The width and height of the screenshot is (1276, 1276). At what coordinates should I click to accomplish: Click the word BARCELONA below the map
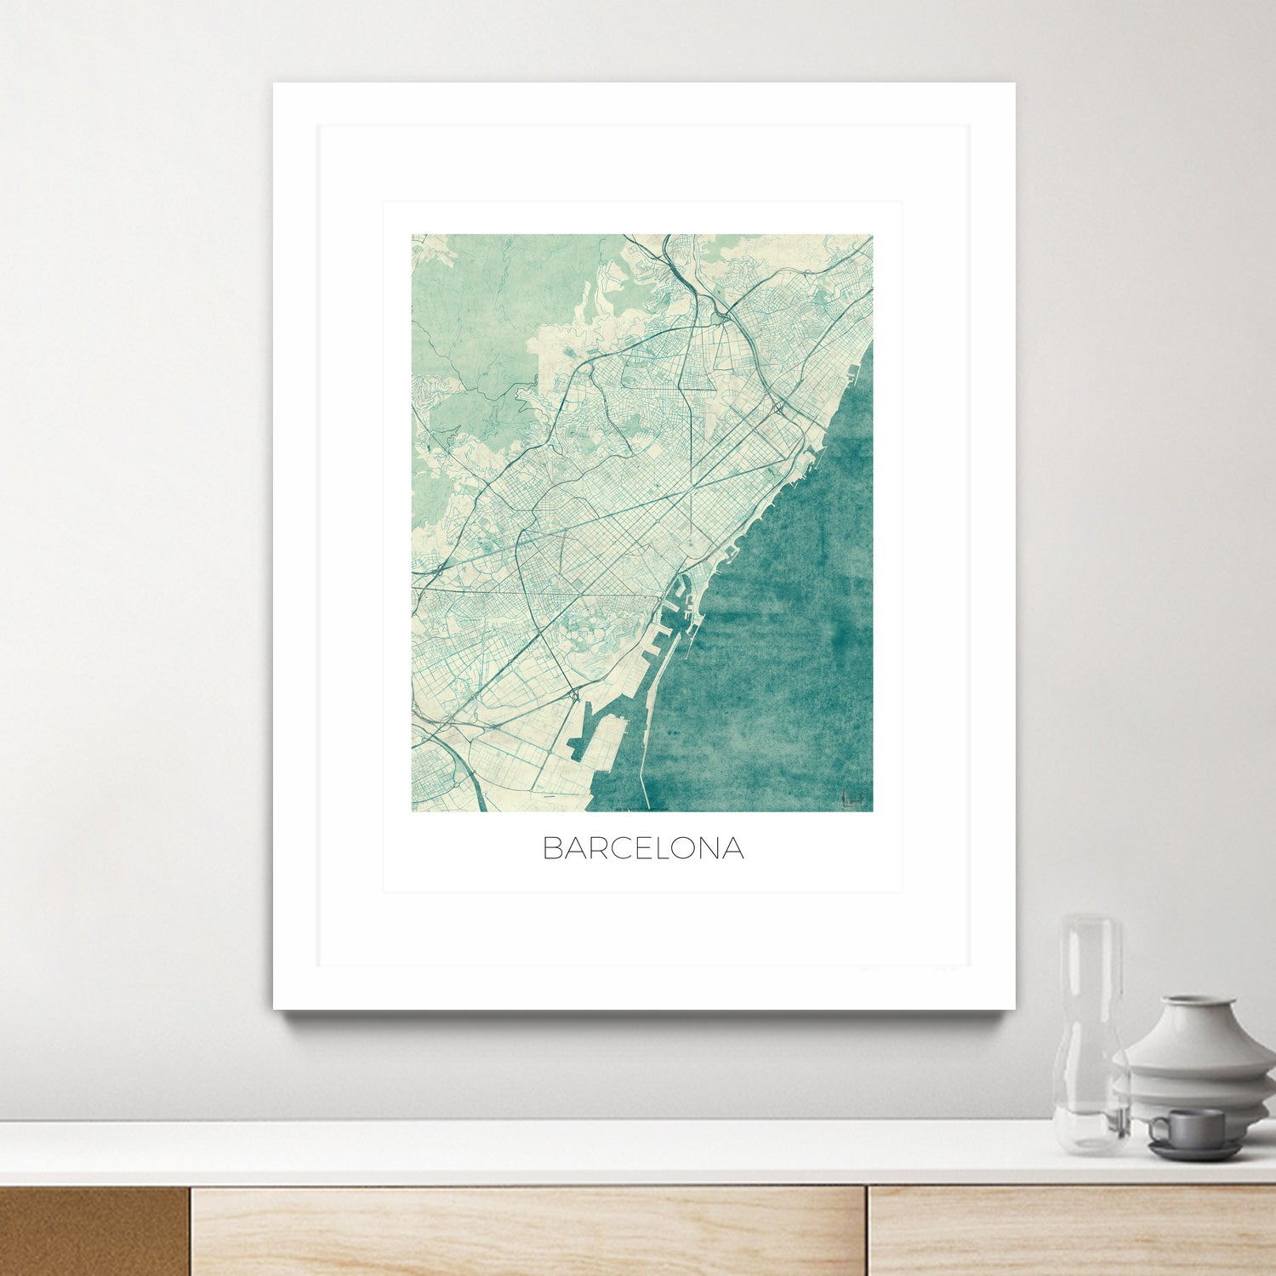coord(643,848)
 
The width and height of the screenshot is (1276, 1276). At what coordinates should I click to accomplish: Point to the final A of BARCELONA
coord(733,848)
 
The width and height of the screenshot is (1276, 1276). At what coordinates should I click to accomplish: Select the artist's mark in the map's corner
coord(854,799)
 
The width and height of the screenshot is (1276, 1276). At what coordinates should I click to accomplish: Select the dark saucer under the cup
coord(1194,1151)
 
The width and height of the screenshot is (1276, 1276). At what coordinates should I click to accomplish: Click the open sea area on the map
coord(783,638)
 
